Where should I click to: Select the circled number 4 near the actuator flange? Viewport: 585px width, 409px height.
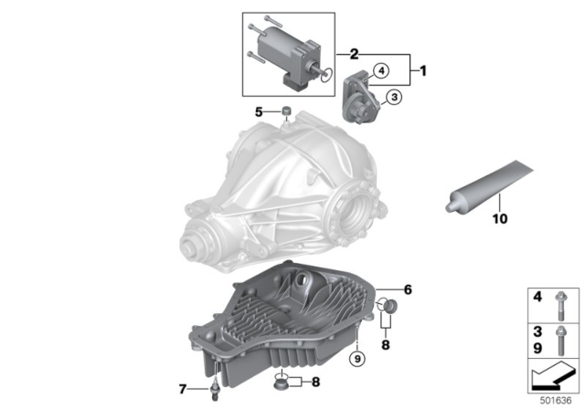tap(380, 67)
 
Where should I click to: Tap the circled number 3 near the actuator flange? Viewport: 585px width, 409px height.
tap(390, 96)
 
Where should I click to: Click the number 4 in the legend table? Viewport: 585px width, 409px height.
tap(537, 297)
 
